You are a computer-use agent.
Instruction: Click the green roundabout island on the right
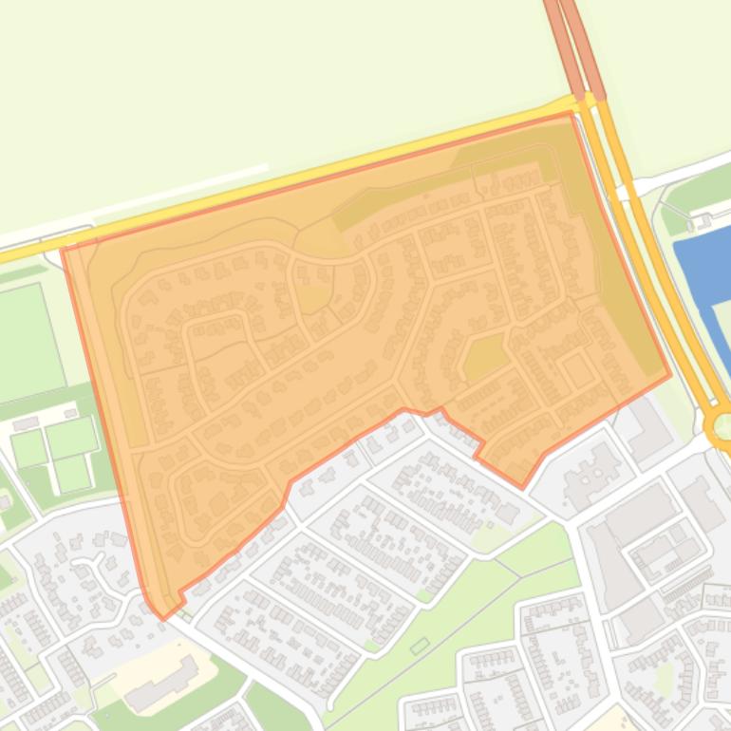coord(722,424)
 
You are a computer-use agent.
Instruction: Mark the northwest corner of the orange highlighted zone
coord(63,249)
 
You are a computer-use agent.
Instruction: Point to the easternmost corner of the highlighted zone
coord(670,374)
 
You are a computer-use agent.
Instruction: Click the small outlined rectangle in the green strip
coord(420,647)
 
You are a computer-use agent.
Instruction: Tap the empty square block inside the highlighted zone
coord(577,370)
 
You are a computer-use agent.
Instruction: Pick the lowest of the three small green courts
coord(72,472)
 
